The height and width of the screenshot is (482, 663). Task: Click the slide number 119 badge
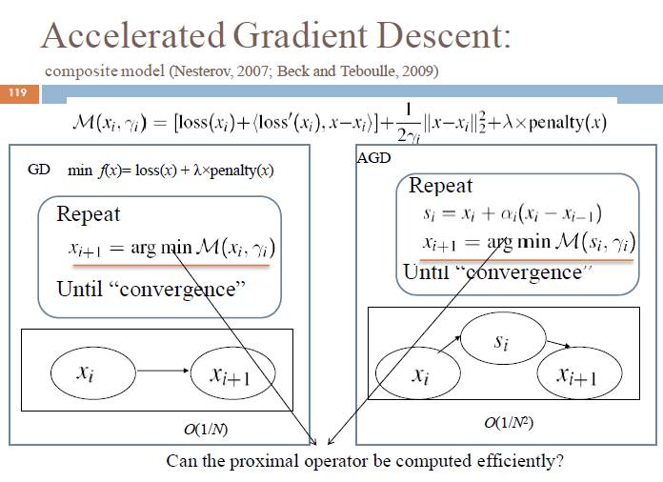tap(18, 93)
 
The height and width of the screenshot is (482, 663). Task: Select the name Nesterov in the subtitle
tap(199, 71)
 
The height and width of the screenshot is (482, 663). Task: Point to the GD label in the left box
tap(38, 171)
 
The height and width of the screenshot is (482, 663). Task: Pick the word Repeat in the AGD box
tap(440, 185)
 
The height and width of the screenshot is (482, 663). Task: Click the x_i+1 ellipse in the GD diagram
tap(231, 377)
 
